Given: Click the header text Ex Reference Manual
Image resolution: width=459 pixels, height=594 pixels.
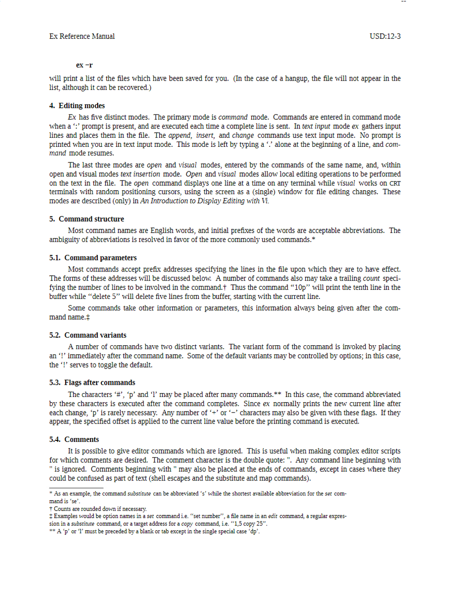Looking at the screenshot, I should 82,36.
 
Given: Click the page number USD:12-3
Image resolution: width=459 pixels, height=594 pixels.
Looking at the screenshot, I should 385,36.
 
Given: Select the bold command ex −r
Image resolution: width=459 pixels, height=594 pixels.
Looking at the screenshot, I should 85,65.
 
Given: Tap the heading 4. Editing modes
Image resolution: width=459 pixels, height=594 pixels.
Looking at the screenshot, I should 77,106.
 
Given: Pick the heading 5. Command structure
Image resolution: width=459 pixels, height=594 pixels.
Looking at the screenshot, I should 86,219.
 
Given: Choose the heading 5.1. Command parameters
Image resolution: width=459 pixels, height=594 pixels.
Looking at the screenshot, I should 93,258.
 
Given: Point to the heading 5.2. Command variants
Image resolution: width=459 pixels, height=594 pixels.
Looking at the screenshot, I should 88,335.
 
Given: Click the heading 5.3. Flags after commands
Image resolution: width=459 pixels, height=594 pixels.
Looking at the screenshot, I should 92,382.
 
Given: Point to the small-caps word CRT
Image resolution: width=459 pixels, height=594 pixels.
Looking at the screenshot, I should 395,184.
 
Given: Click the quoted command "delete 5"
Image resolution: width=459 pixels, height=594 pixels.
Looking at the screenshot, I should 95,297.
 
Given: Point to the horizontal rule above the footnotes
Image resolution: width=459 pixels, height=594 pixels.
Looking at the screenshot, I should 70,488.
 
